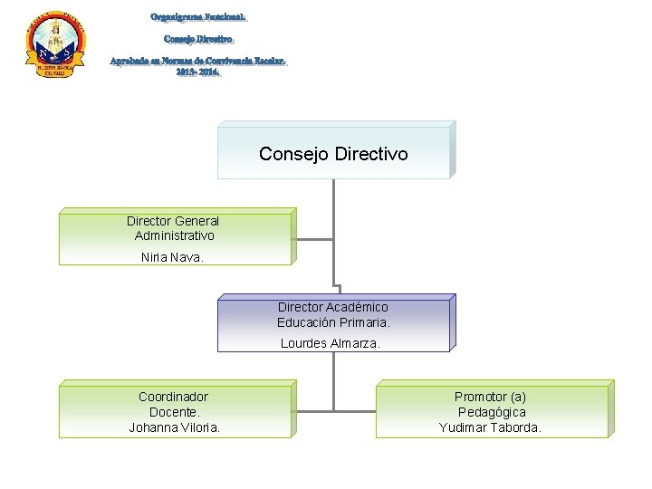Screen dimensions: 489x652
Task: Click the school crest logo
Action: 55,46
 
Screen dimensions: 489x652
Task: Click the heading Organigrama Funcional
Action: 198,17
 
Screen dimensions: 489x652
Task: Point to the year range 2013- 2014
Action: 198,72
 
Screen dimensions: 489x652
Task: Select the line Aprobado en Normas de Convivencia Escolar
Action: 198,61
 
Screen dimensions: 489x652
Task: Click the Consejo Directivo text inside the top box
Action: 333,154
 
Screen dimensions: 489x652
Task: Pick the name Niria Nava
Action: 173,257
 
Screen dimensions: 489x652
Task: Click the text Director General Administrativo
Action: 173,228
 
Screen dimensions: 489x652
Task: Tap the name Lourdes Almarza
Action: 331,343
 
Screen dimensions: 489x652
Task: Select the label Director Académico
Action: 332,307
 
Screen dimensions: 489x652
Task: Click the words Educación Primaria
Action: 333,321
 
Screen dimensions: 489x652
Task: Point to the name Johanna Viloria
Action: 174,427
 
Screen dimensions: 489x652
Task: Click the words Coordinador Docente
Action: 173,404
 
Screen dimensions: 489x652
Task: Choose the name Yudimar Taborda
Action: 490,427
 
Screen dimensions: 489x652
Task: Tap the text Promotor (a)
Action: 490,397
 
